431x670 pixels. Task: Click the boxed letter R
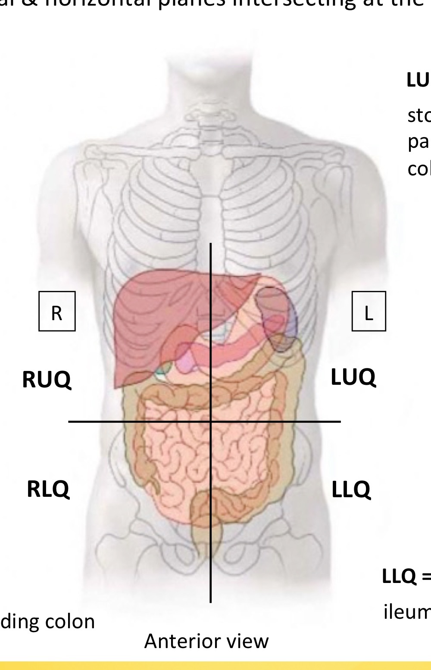click(57, 312)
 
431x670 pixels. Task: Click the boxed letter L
click(369, 312)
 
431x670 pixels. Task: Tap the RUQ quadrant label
click(47, 380)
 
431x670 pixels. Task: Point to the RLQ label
click(48, 489)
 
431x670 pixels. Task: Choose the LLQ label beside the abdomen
click(351, 489)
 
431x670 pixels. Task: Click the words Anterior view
click(206, 641)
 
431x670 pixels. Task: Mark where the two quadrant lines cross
click(211, 421)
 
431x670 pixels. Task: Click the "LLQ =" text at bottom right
click(405, 577)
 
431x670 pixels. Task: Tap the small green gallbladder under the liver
click(163, 369)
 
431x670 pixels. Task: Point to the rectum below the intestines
click(210, 539)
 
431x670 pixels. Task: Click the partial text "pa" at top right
click(418, 142)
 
